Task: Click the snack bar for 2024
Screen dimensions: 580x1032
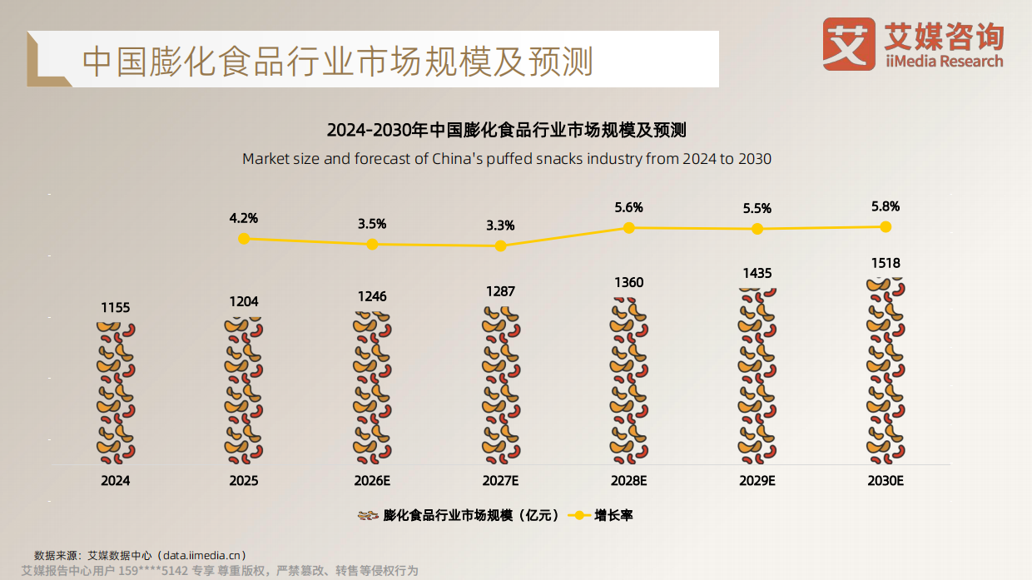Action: [x=116, y=393]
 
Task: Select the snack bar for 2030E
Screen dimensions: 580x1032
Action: [x=886, y=371]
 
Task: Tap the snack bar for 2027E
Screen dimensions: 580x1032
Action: [x=500, y=384]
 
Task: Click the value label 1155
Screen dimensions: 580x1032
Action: [x=116, y=308]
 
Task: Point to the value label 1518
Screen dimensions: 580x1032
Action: [x=886, y=264]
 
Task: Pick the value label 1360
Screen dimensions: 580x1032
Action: [x=628, y=283]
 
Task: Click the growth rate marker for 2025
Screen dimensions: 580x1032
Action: [x=244, y=239]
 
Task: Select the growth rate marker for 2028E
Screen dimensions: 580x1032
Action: [x=629, y=227]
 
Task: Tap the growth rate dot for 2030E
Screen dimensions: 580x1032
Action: [x=886, y=226]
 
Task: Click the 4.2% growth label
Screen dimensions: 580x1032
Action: [x=244, y=218]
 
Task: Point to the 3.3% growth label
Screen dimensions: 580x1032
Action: [x=500, y=225]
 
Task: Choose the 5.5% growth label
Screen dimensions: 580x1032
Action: [x=757, y=209]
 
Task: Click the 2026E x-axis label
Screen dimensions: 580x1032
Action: [x=372, y=481]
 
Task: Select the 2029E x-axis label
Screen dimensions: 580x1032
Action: [x=757, y=481]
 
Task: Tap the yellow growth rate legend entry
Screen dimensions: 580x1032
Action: [x=601, y=515]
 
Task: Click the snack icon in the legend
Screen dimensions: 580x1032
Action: [x=367, y=515]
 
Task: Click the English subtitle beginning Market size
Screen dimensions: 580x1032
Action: [x=506, y=158]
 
